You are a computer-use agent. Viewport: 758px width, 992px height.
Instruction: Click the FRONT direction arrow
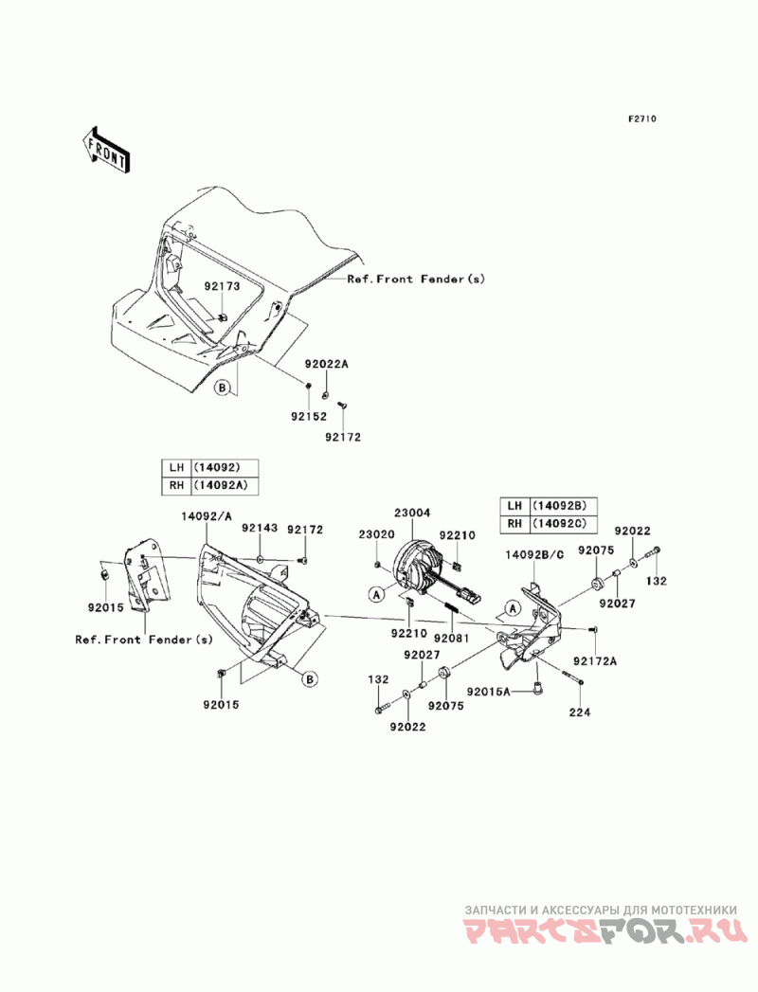[x=106, y=150]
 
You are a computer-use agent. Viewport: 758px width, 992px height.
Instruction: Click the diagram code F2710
[x=642, y=118]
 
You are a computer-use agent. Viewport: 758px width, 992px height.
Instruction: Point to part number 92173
[x=222, y=286]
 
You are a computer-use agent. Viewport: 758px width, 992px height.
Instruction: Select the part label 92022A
[x=327, y=365]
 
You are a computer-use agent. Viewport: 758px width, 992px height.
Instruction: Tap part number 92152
[x=309, y=416]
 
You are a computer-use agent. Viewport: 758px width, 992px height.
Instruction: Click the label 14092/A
[x=207, y=516]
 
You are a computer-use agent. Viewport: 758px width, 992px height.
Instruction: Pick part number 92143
[x=260, y=528]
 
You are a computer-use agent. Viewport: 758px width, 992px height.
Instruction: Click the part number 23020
[x=376, y=534]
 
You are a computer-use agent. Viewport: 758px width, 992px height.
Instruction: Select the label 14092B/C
[x=534, y=554]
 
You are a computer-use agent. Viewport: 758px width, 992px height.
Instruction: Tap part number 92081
[x=451, y=639]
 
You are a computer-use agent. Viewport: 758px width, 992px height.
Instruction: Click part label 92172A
[x=595, y=661]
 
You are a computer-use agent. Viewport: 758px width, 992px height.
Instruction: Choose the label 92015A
[x=489, y=692]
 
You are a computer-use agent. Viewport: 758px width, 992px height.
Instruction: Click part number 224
[x=580, y=712]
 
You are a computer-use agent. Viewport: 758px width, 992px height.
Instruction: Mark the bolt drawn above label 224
[x=570, y=676]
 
